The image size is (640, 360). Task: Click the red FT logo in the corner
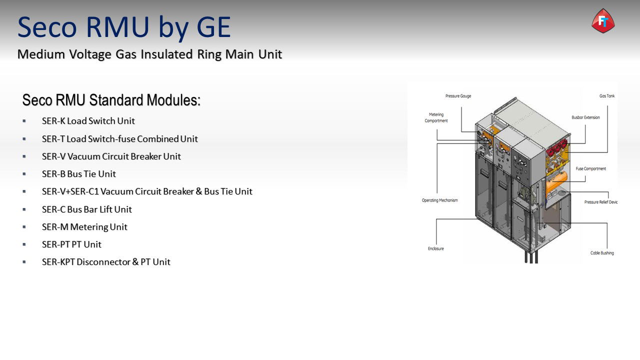(603, 21)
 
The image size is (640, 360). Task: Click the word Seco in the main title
(47, 27)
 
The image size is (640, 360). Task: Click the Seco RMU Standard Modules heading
(111, 100)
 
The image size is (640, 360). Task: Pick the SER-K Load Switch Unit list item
(88, 121)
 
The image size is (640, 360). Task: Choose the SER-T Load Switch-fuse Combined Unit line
(119, 139)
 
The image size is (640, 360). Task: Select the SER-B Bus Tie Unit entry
(79, 173)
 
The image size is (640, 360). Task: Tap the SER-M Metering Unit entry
(84, 227)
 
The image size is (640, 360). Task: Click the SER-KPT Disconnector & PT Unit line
(106, 261)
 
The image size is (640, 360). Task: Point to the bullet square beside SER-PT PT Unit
(24, 244)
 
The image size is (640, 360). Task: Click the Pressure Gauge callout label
(458, 96)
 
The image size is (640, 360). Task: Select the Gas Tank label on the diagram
(607, 96)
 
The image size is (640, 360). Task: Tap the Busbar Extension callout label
(585, 117)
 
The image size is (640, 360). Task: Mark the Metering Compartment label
(436, 117)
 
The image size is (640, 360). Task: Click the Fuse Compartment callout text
(591, 168)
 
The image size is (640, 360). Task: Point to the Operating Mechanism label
(439, 200)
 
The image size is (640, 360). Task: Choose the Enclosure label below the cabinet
(435, 248)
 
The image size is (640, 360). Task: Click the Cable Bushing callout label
(602, 253)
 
